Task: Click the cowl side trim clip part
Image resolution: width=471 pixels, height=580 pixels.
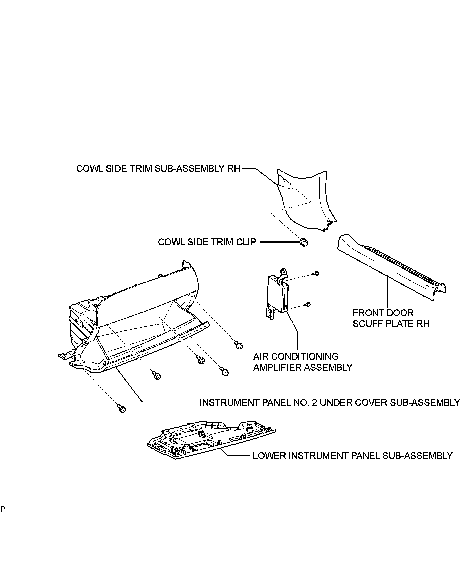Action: point(304,242)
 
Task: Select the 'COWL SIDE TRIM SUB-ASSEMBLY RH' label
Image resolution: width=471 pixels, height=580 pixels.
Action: point(158,168)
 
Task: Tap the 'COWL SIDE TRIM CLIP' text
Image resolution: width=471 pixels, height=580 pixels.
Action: point(207,242)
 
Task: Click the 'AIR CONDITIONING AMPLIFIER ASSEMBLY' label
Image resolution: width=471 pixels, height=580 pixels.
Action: point(302,362)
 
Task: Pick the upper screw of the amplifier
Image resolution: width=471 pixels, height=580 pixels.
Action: point(316,273)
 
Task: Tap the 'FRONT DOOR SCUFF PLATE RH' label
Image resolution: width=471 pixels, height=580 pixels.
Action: point(391,318)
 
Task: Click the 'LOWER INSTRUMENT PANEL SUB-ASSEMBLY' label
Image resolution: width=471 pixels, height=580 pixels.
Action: point(352,456)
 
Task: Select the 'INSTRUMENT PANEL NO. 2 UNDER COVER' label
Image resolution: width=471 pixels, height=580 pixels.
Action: point(329,402)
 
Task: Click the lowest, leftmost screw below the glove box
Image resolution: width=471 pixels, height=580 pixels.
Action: point(122,408)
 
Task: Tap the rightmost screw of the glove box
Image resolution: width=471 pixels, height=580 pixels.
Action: point(239,345)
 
